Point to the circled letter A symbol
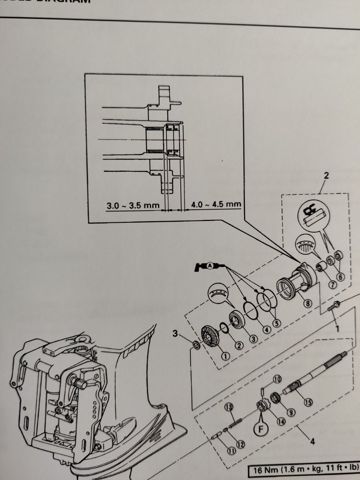pos(210,265)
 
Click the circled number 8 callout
pos(307,304)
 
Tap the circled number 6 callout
pos(340,276)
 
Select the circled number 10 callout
pos(277,379)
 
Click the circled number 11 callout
pos(232,451)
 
